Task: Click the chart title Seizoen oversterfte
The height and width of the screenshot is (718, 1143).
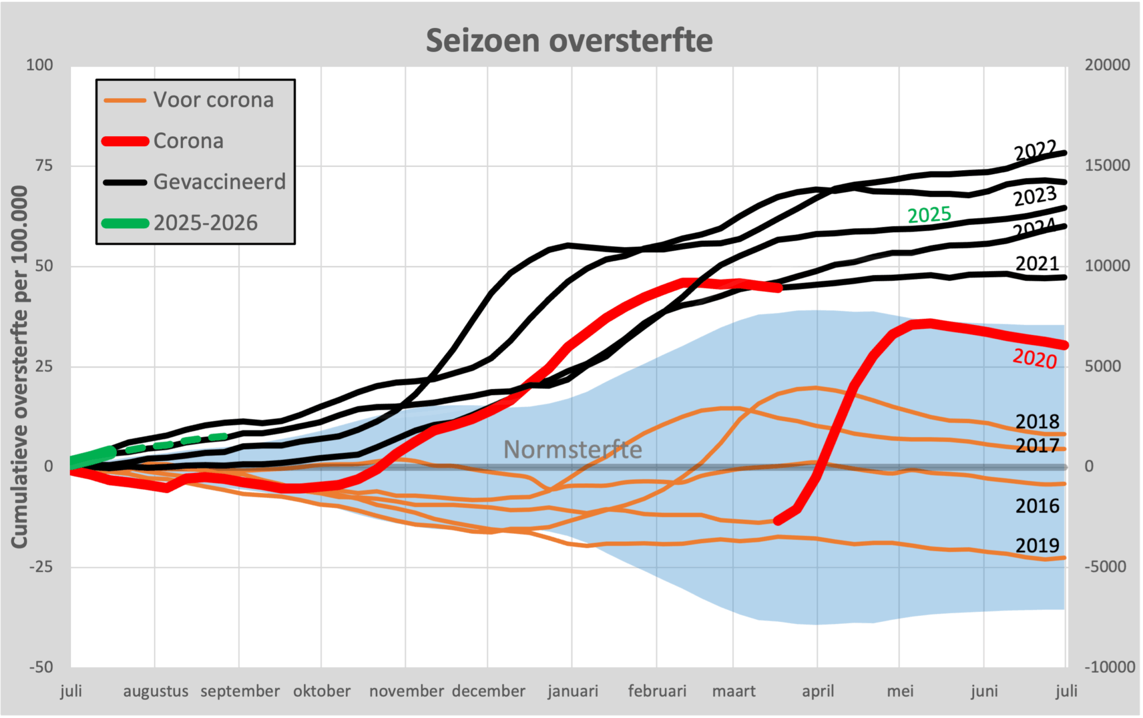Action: coord(569,41)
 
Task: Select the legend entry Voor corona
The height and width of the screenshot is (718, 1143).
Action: coord(213,100)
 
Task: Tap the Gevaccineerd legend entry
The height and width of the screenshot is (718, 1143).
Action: coord(219,182)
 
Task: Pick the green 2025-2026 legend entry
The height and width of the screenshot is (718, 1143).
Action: coord(205,223)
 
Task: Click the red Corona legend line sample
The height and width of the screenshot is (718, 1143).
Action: coord(125,141)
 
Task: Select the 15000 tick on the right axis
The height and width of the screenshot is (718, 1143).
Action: coord(1107,165)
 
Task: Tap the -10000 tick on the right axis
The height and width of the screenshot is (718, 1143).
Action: coord(1110,667)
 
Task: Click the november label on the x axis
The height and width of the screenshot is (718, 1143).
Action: coord(406,691)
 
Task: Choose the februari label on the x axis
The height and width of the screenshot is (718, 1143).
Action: coord(657,691)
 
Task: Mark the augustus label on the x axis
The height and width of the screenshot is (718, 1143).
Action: coord(156,692)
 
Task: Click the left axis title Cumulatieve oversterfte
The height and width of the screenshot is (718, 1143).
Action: coord(20,367)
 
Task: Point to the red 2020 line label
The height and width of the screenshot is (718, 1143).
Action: coord(1034,358)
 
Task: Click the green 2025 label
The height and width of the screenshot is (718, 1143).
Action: coord(929,215)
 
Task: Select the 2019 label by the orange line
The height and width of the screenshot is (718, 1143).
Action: coord(1037,545)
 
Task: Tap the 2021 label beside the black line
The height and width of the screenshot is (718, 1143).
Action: coord(1037,263)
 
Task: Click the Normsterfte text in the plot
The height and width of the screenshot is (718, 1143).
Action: coord(573,450)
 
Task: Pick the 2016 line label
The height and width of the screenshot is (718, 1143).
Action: coord(1037,506)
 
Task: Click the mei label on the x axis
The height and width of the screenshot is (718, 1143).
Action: coord(900,691)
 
